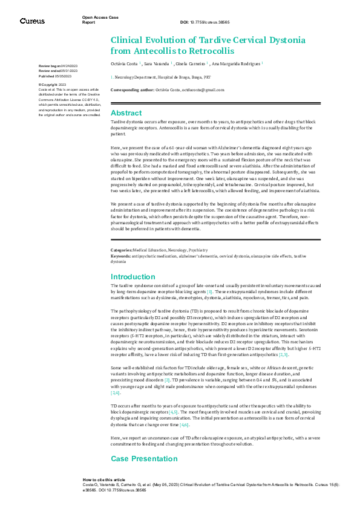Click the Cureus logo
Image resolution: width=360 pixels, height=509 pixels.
32,21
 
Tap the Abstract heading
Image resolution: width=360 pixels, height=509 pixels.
126,113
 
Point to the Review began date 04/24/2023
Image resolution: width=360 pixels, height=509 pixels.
67,65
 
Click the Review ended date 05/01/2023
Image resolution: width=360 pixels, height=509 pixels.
67,71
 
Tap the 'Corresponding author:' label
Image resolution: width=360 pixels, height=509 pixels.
131,89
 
